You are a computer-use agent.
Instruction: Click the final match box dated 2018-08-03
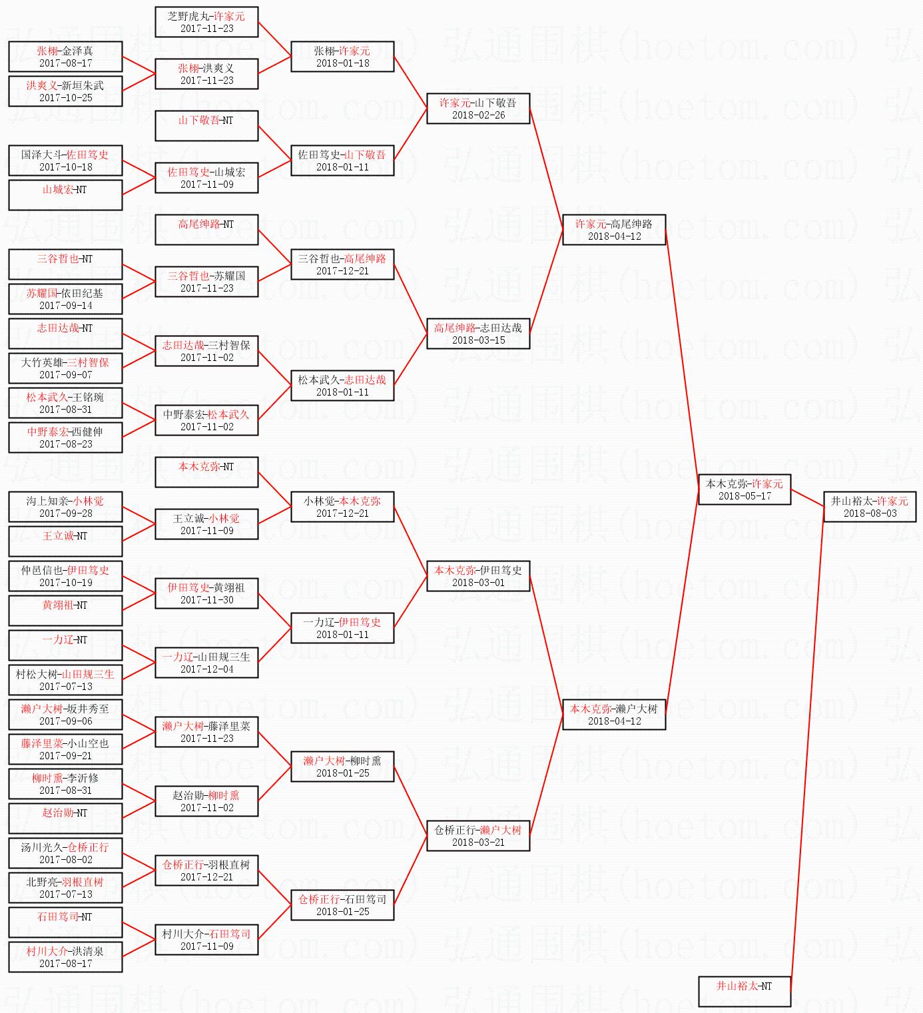(x=870, y=507)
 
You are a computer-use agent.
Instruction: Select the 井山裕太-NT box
(x=744, y=991)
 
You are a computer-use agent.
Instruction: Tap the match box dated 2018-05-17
(x=744, y=490)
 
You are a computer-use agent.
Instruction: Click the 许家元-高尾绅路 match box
(x=614, y=230)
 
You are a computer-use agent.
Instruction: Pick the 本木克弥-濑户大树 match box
(x=614, y=715)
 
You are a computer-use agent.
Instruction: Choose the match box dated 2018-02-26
(x=478, y=109)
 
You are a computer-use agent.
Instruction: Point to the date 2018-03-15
(x=478, y=340)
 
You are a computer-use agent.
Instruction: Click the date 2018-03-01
(x=478, y=583)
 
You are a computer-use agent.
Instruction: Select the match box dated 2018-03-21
(x=478, y=836)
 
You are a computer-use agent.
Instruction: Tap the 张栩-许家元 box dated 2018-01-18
(x=342, y=57)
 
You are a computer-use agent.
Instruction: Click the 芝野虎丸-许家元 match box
(x=206, y=22)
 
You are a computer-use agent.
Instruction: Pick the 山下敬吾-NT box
(x=206, y=126)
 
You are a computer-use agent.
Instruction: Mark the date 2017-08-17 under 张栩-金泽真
(x=65, y=63)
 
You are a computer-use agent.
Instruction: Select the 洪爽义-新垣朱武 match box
(x=65, y=91)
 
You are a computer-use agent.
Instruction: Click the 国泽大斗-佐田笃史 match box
(x=65, y=161)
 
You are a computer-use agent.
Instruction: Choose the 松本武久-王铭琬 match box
(x=65, y=403)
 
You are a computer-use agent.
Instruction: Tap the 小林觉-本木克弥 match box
(x=342, y=507)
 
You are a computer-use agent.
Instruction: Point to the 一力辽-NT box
(x=65, y=645)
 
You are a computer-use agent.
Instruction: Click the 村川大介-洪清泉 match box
(x=65, y=957)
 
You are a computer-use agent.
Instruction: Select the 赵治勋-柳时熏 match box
(x=206, y=801)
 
